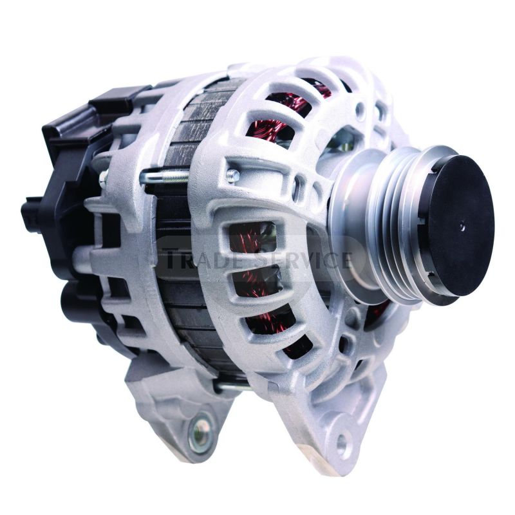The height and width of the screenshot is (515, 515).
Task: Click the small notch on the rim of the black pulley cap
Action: (x=420, y=223)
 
